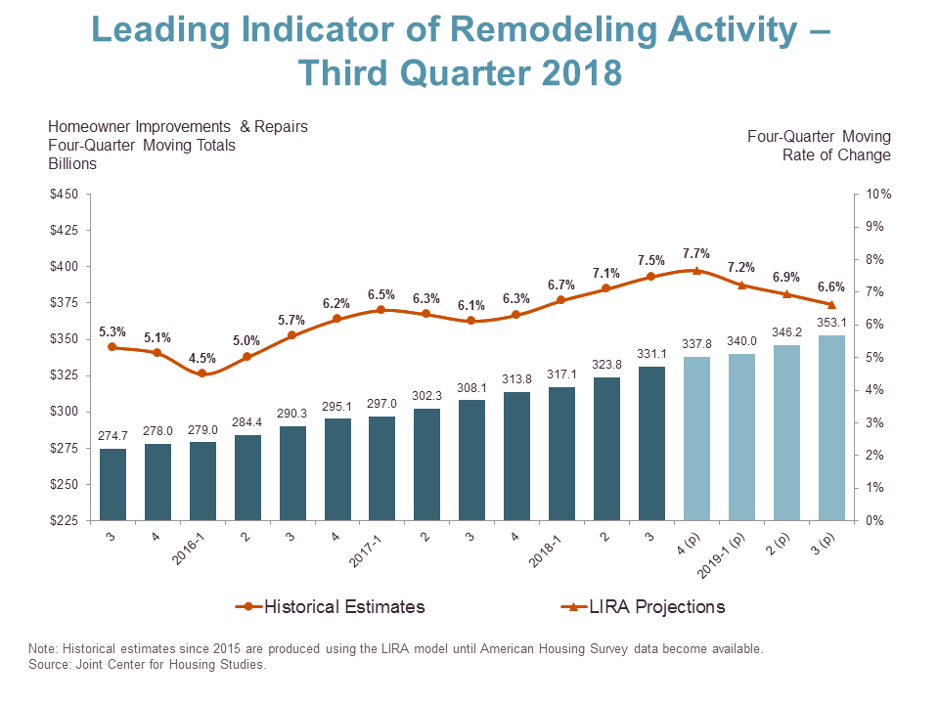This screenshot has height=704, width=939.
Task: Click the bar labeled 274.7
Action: click(x=112, y=484)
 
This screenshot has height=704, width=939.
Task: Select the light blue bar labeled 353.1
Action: click(x=830, y=427)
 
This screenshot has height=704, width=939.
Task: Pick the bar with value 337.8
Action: click(x=696, y=438)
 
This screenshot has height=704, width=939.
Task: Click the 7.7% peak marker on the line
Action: click(x=696, y=270)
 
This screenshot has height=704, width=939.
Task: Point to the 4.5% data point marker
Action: click(x=202, y=374)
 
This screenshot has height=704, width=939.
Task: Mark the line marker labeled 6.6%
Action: click(x=830, y=305)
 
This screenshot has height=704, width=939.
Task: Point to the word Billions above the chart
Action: click(x=72, y=164)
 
